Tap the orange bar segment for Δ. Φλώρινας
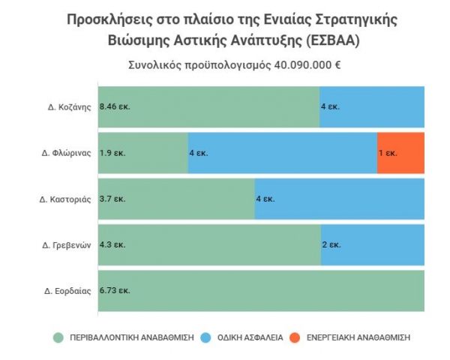(x=401, y=153)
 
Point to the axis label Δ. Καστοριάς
(x=65, y=199)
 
